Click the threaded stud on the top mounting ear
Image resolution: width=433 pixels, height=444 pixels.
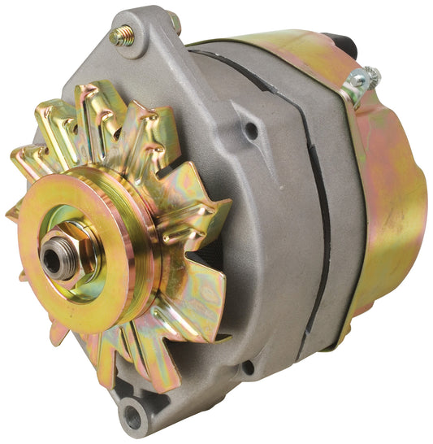[x=123, y=35]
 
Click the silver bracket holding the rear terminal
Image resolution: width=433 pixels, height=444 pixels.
[x=354, y=85]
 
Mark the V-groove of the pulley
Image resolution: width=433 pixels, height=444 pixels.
[x=138, y=268]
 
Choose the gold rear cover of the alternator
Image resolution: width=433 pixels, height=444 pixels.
[x=382, y=203]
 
